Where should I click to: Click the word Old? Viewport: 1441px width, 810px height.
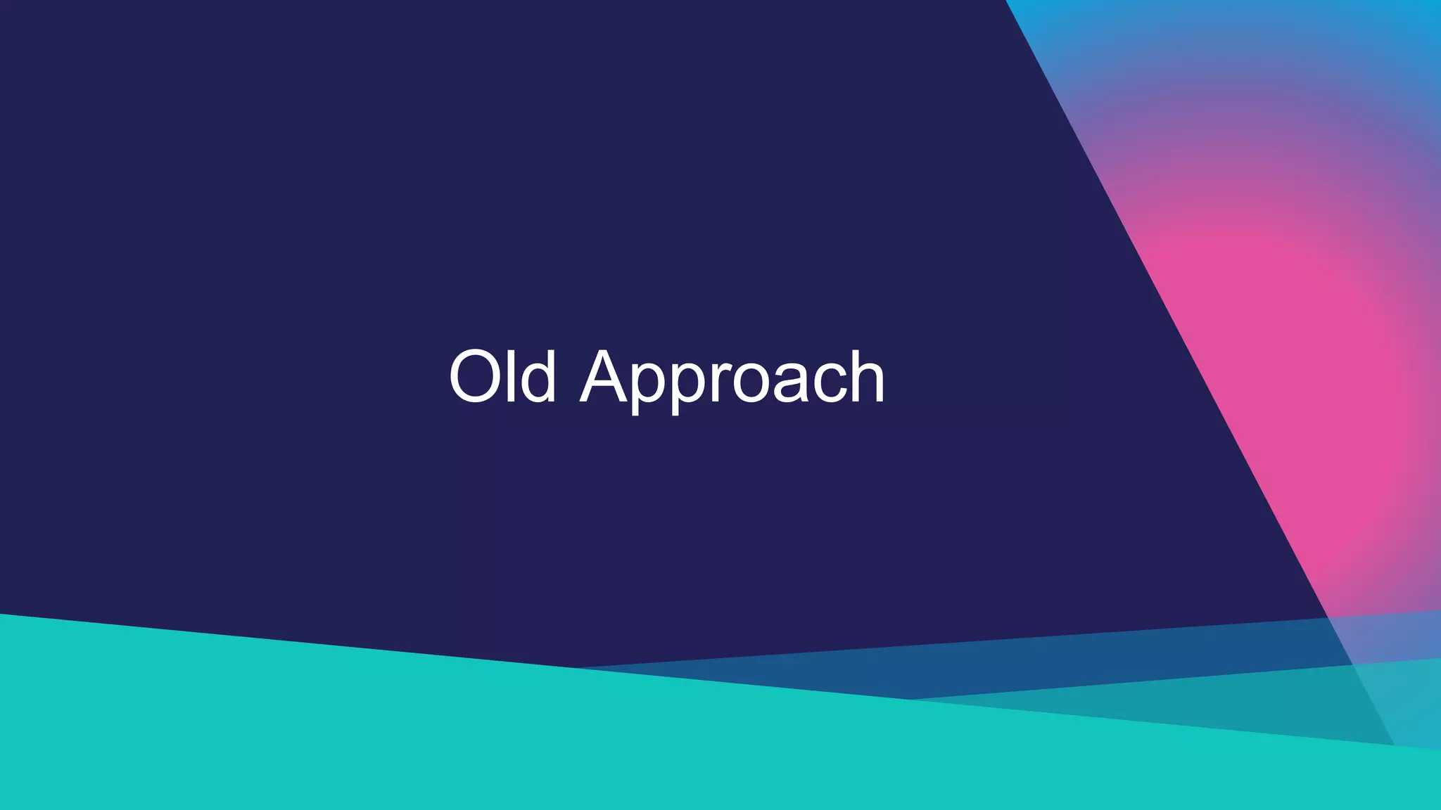pyautogui.click(x=502, y=377)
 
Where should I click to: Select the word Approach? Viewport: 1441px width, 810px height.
pyautogui.click(x=732, y=380)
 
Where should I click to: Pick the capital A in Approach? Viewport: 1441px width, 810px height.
pyautogui.click(x=603, y=377)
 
